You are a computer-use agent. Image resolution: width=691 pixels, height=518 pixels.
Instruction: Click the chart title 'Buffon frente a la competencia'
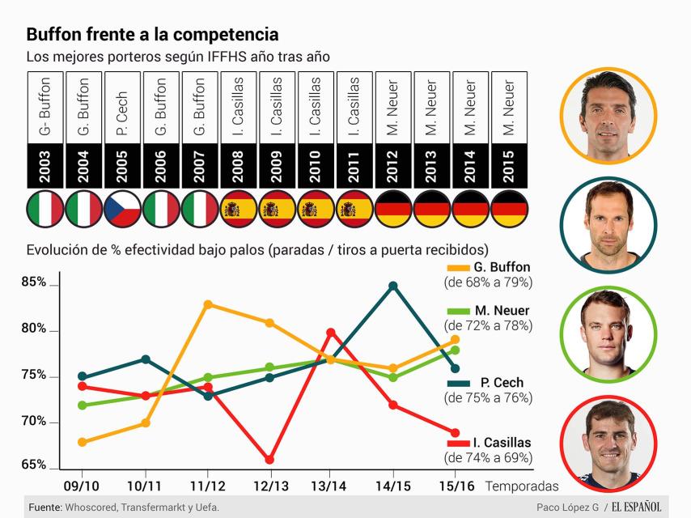pos(152,35)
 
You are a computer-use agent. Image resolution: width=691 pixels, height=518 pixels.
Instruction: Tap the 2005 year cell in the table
pos(123,164)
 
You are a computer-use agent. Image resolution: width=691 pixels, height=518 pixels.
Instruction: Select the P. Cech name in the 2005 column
pos(123,105)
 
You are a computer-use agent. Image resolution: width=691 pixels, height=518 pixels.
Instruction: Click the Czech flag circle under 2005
pos(123,210)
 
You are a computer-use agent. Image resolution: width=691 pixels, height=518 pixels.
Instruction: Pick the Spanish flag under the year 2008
pos(239,210)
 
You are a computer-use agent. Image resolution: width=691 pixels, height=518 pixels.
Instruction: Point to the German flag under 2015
pos(509,210)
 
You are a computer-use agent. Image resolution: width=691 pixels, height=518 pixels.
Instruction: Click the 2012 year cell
pos(393,164)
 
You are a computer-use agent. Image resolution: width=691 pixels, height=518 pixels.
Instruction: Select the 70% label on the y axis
pos(34,422)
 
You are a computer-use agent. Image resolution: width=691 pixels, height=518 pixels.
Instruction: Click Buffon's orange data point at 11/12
pos(208,304)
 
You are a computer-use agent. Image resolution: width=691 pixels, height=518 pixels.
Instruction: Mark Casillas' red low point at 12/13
pos(269,460)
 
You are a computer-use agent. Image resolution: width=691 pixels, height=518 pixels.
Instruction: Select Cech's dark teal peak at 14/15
pos(393,286)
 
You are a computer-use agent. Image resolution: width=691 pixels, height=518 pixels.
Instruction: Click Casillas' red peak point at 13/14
pos(331,332)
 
